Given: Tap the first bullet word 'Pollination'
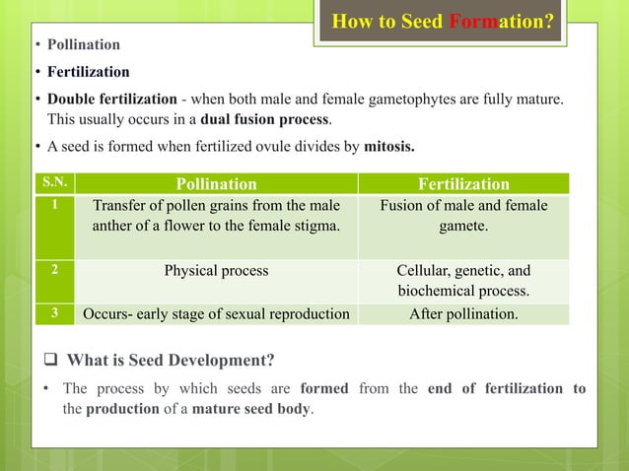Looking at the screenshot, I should (84, 44).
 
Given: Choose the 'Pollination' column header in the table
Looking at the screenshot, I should (216, 183).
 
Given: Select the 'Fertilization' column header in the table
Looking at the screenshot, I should (462, 183).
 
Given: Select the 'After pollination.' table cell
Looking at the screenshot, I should (462, 315).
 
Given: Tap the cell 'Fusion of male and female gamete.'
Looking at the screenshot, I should (462, 216).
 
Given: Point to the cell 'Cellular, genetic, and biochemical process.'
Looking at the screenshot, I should (462, 281).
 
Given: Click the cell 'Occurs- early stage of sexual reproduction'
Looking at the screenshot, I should (216, 315).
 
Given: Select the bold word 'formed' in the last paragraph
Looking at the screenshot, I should (324, 388).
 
